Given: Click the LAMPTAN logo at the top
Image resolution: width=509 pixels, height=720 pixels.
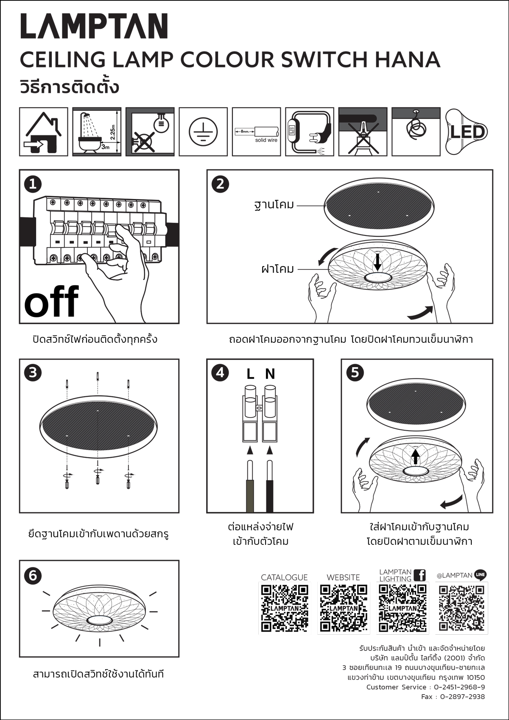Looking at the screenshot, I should [x=94, y=26].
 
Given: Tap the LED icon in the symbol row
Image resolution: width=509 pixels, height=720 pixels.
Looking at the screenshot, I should [x=467, y=132].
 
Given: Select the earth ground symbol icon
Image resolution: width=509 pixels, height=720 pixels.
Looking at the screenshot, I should [x=203, y=132].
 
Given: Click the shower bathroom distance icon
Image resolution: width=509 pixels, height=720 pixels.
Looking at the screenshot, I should [x=97, y=132].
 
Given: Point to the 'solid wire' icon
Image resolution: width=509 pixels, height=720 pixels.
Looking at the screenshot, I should [x=256, y=132].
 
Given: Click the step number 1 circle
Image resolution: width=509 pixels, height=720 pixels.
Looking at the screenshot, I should [x=33, y=184].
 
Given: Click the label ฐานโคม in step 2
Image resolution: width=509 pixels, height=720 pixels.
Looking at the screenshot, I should [x=274, y=205].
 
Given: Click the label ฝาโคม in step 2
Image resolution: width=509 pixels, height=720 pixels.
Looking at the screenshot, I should [x=277, y=269].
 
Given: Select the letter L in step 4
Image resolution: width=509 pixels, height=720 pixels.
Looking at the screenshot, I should [x=250, y=374].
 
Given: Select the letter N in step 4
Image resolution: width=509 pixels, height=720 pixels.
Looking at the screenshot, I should [x=270, y=374].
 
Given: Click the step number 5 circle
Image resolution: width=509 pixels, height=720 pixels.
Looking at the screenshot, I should [x=355, y=373].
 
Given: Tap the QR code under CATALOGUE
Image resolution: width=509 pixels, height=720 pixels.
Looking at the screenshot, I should [x=285, y=608].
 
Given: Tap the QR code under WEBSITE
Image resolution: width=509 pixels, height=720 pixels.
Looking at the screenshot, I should [x=344, y=608].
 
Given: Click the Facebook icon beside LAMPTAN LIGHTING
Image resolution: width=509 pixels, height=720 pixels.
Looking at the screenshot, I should [x=420, y=575].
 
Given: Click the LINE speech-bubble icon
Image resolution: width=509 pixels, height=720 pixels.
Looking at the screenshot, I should [x=481, y=575].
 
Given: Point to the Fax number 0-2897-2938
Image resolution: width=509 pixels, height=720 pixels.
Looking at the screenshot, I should [x=462, y=697].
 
